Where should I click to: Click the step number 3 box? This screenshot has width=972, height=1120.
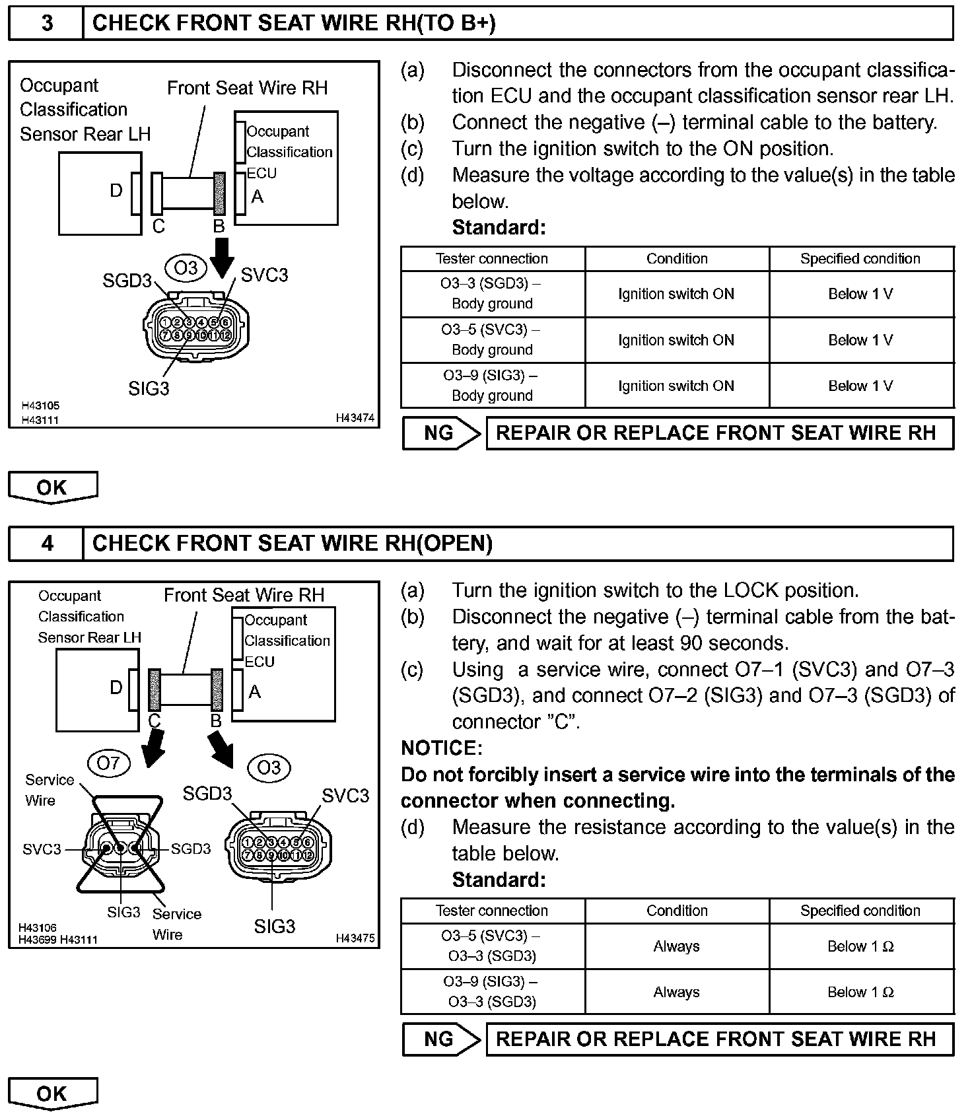click(46, 23)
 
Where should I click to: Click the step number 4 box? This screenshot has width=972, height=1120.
click(46, 543)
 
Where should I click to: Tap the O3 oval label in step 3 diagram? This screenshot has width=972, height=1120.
click(186, 268)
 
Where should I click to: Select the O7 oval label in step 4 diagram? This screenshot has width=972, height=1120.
click(108, 763)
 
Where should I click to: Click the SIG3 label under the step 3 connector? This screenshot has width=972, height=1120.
click(149, 388)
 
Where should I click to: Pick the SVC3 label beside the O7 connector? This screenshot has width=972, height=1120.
click(42, 849)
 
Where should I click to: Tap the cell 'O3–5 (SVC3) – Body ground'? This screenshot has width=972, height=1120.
click(492, 339)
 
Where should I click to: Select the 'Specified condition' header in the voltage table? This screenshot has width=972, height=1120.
click(860, 259)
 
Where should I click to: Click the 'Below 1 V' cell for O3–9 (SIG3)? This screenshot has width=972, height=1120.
click(860, 386)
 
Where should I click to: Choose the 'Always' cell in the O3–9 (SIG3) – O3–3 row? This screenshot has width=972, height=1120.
click(676, 992)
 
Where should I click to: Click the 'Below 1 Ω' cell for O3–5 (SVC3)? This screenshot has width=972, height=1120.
click(860, 946)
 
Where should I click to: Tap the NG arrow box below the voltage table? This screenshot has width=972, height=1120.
click(441, 433)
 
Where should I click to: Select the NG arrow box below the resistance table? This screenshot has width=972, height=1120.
click(441, 1039)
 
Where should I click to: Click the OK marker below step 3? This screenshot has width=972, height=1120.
click(53, 487)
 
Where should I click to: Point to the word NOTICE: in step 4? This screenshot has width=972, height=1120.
click(442, 748)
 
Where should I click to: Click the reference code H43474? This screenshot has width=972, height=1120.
click(355, 418)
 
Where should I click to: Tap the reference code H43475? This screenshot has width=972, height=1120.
click(355, 938)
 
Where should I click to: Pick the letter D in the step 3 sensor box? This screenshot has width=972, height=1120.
click(116, 191)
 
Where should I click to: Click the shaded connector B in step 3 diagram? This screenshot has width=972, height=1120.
click(219, 193)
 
